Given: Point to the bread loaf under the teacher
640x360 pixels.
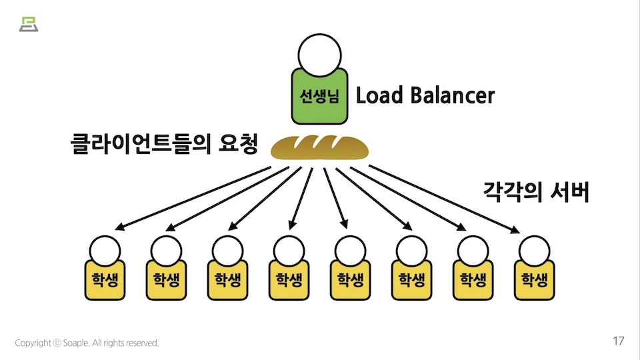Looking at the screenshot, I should [x=319, y=147].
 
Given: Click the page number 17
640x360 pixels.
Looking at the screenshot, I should [x=618, y=341].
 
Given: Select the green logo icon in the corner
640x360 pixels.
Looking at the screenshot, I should [x=29, y=23].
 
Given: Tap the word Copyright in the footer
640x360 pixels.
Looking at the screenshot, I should [x=33, y=343].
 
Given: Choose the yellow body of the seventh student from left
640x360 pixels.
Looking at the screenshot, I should [x=473, y=280].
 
